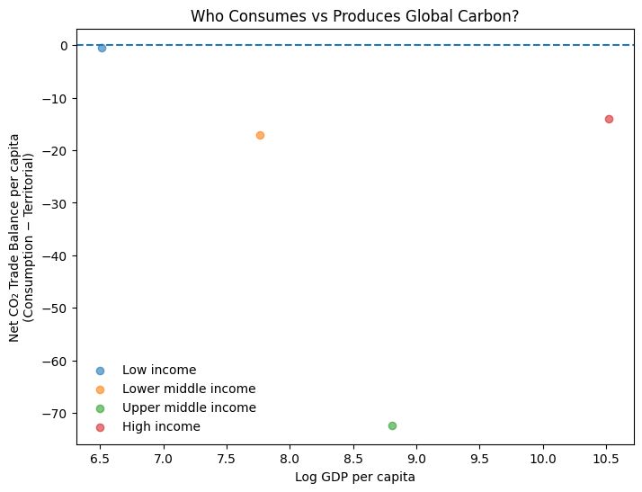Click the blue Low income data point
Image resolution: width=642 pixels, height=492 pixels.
[102, 48]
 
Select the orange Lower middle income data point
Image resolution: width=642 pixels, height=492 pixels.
[260, 135]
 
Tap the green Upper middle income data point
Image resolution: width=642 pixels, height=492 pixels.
[392, 425]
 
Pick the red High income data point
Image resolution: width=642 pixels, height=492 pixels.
[609, 119]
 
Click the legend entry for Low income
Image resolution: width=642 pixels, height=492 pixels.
[158, 370]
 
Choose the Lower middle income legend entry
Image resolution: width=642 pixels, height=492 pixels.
[188, 389]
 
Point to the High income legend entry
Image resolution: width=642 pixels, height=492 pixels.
[161, 426]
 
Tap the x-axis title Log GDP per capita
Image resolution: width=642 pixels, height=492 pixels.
[355, 477]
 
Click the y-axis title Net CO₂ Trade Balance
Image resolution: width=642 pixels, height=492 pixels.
[22, 237]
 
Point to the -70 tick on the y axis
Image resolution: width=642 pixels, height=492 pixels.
[56, 414]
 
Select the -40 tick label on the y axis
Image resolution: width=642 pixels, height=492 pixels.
[56, 256]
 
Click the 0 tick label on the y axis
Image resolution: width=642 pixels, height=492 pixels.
[64, 46]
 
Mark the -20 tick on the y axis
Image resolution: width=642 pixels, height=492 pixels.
[56, 151]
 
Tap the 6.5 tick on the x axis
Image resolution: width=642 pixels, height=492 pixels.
[100, 459]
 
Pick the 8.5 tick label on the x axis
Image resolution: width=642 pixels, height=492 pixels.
[353, 459]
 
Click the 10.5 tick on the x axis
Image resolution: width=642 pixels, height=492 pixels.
[606, 459]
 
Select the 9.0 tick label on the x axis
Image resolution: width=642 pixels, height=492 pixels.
[416, 459]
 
